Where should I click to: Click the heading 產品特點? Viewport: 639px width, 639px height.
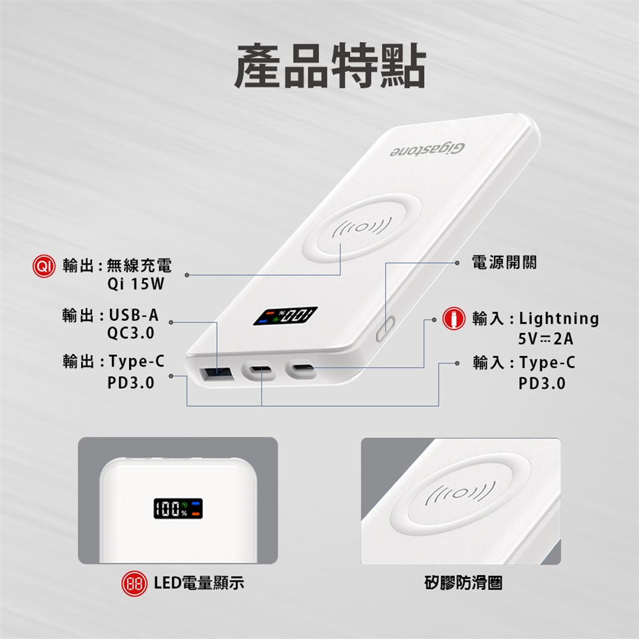pyautogui.click(x=330, y=66)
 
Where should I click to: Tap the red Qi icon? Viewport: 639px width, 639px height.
pyautogui.click(x=44, y=266)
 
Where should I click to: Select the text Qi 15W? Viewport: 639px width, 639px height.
pyautogui.click(x=136, y=284)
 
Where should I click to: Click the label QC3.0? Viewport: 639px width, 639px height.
pyautogui.click(x=131, y=333)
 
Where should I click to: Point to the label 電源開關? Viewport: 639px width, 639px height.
pyautogui.click(x=504, y=262)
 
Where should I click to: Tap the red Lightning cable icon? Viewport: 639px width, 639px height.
pyautogui.click(x=453, y=318)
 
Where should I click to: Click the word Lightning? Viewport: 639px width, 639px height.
pyautogui.click(x=558, y=319)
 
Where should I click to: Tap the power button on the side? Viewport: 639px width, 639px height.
pyautogui.click(x=385, y=328)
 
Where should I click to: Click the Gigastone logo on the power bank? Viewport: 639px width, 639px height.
pyautogui.click(x=427, y=150)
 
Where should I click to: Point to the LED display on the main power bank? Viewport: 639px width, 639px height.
pyautogui.click(x=285, y=316)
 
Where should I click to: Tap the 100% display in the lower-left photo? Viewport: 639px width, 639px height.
pyautogui.click(x=178, y=508)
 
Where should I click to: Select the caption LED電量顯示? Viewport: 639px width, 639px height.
pyautogui.click(x=199, y=583)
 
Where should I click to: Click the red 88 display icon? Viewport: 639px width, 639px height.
pyautogui.click(x=134, y=584)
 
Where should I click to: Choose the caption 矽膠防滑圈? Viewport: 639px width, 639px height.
pyautogui.click(x=463, y=583)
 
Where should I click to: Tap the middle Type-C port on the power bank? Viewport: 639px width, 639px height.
pyautogui.click(x=258, y=370)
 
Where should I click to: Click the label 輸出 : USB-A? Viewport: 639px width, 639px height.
pyautogui.click(x=110, y=315)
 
